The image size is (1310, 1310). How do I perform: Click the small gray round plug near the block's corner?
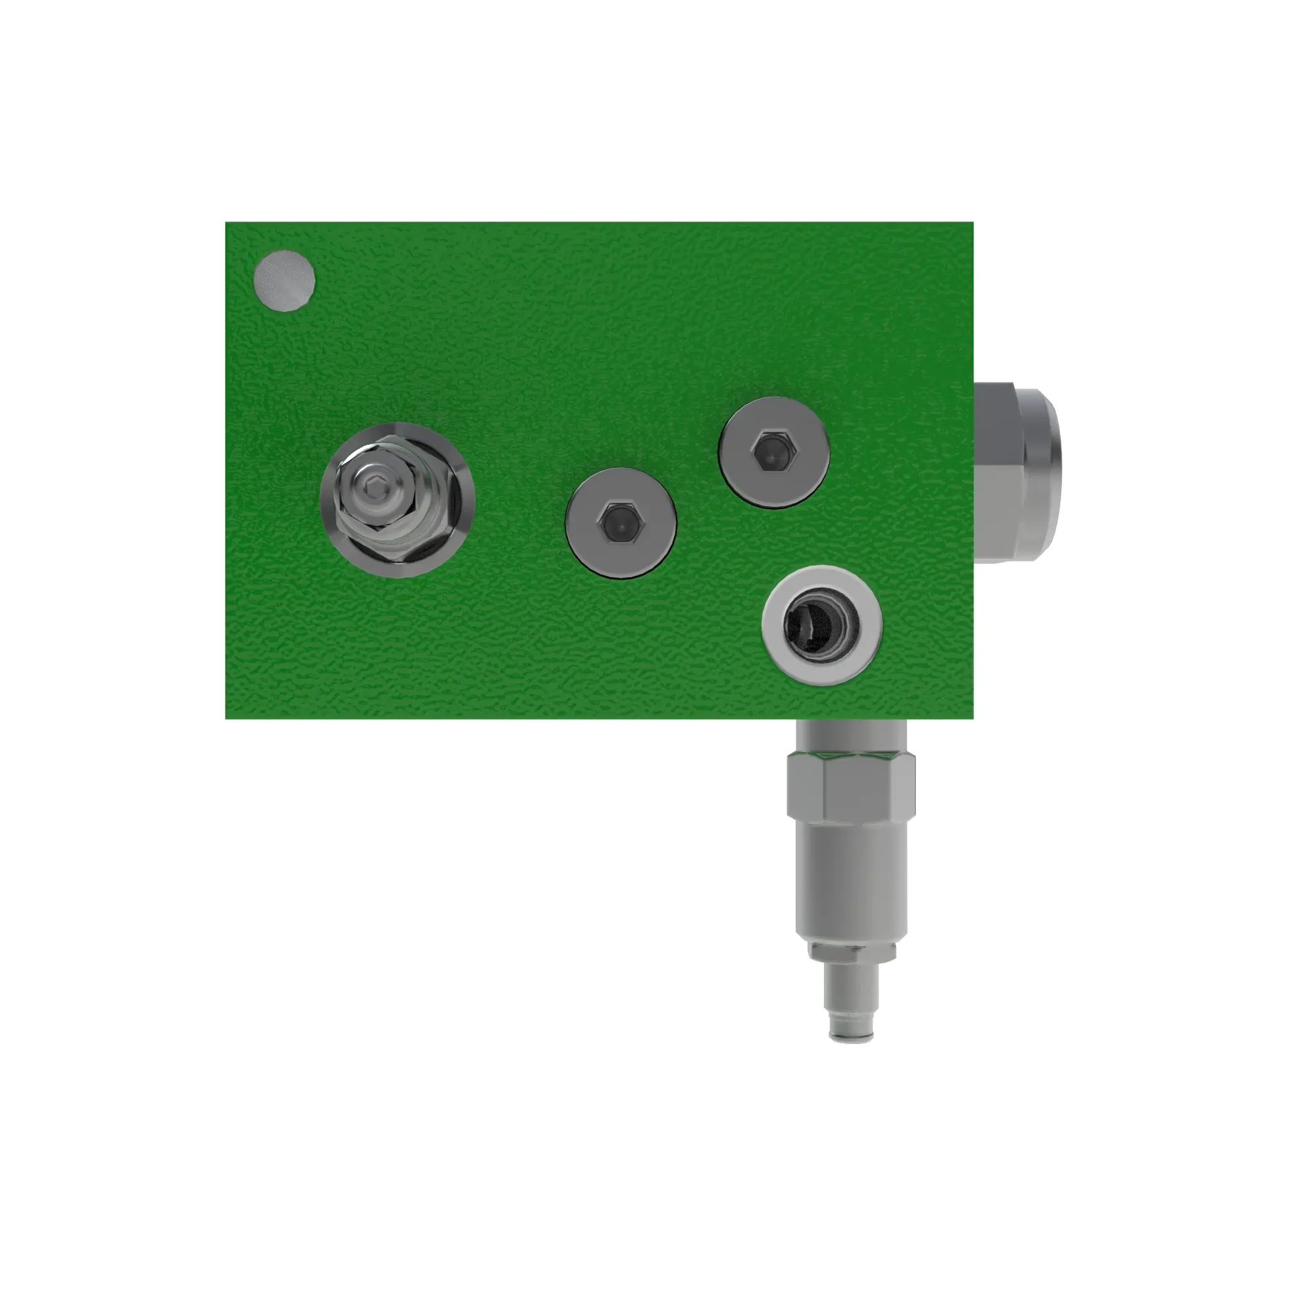pyautogui.click(x=284, y=281)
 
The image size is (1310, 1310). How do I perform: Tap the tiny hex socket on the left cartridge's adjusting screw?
pyautogui.click(x=373, y=487)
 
